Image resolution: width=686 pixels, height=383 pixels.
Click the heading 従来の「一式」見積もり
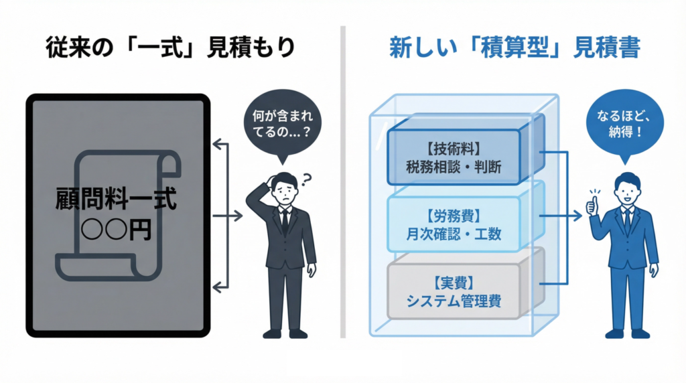point(171,48)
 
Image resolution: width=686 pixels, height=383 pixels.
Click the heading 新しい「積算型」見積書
point(514,48)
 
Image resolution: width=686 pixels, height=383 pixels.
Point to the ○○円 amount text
point(116,230)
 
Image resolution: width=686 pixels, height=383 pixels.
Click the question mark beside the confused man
point(308,179)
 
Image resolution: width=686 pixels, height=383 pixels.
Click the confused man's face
point(285,191)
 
